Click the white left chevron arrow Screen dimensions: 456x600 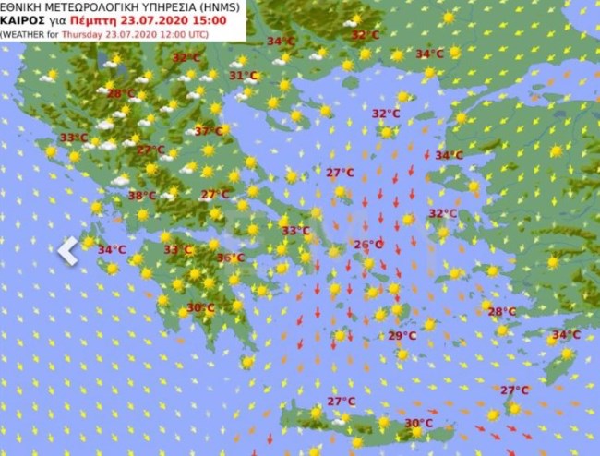pyautogui.click(x=67, y=250)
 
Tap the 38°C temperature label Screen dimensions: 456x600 pyautogui.click(x=141, y=196)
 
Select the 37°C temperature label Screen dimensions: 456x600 pyautogui.click(x=208, y=132)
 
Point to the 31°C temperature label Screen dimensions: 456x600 pyautogui.click(x=243, y=76)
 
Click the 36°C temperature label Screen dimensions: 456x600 pyautogui.click(x=230, y=258)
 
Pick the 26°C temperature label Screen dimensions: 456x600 pyautogui.click(x=368, y=245)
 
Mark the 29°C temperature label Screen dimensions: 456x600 pyautogui.click(x=402, y=335)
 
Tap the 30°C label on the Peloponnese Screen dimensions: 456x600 pyautogui.click(x=201, y=307)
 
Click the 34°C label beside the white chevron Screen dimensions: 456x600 pyautogui.click(x=112, y=249)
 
